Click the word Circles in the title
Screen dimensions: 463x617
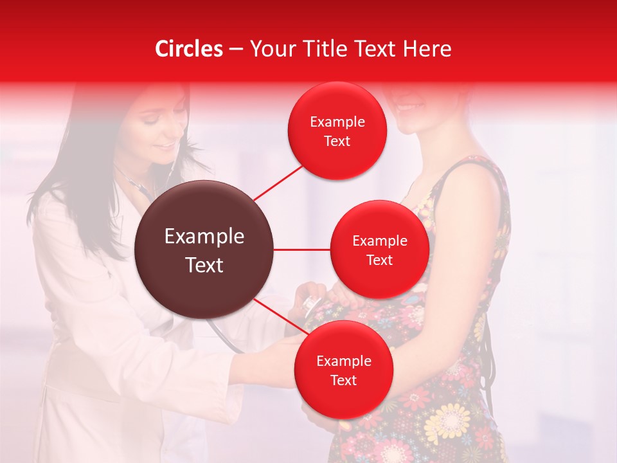[x=189, y=49]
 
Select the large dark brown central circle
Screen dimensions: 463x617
[x=204, y=250]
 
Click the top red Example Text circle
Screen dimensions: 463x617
[x=337, y=131]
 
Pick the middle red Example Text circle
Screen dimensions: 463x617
[x=379, y=250]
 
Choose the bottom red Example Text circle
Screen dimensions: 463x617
[x=343, y=370]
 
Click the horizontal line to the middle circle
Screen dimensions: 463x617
[x=302, y=250]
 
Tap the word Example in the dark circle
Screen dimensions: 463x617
[x=204, y=237]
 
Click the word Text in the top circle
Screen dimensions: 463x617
[x=337, y=141]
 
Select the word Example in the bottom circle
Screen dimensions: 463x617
[x=343, y=361]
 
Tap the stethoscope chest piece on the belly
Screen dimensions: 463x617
[x=314, y=302]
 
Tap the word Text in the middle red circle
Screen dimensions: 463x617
[x=379, y=260]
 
